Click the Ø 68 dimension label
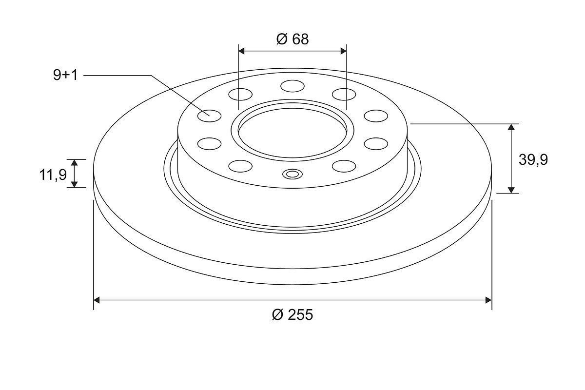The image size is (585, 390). click(292, 39)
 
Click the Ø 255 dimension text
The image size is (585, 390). click(292, 314)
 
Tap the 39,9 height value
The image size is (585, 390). click(533, 159)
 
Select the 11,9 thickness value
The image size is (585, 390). click(53, 175)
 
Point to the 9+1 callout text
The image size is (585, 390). click(65, 75)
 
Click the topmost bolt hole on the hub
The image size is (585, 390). click(292, 86)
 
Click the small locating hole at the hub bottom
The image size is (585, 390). click(292, 174)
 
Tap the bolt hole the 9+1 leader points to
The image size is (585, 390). click(210, 116)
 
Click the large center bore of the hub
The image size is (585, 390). click(292, 133)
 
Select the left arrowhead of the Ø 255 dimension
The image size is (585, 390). click(97, 300)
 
